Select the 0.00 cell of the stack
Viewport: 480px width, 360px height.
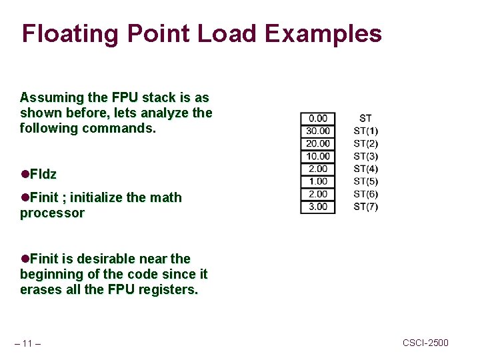point(318,119)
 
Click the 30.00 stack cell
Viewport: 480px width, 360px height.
point(318,131)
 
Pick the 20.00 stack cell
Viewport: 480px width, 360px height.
point(318,144)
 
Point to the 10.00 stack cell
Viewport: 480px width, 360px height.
point(318,157)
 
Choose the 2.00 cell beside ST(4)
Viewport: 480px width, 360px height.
point(318,169)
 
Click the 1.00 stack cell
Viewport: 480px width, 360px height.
point(318,181)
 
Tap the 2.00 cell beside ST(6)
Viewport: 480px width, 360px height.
point(318,194)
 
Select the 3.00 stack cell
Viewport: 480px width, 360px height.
point(318,207)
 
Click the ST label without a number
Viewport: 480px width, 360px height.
point(365,119)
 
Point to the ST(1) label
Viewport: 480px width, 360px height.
point(365,131)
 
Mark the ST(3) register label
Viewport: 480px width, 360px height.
point(365,157)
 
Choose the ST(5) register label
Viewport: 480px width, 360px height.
point(365,181)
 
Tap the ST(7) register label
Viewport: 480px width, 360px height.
point(365,207)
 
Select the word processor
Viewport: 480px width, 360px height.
point(52,213)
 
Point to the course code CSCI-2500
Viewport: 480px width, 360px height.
point(425,343)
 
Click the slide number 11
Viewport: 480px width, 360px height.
point(27,344)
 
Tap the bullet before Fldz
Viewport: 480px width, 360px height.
point(25,175)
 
